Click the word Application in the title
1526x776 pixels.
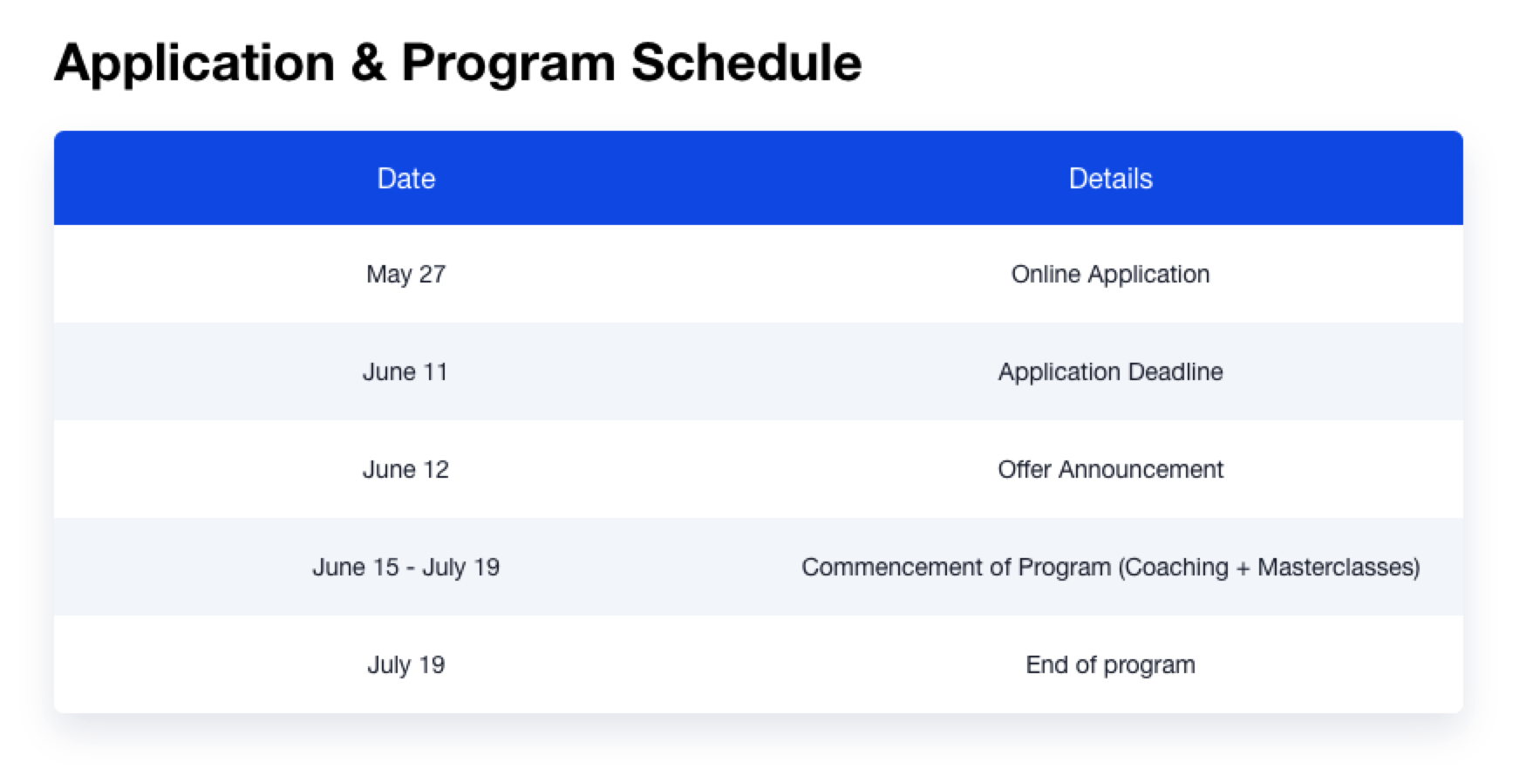coord(194,64)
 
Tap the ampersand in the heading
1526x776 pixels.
coord(368,63)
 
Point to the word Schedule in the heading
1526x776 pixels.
coord(746,63)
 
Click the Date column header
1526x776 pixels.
coord(406,179)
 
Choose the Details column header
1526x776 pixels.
coord(1111,179)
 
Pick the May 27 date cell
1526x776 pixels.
coord(406,275)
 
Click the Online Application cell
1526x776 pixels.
coord(1110,275)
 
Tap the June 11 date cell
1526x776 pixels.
coord(405,372)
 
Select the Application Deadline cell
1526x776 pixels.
coord(1111,372)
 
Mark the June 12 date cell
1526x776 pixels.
coord(405,470)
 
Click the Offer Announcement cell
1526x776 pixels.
coord(1111,470)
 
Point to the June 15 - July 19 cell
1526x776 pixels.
coord(406,568)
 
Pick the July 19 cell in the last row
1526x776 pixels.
coord(406,665)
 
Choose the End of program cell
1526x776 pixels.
coord(1111,665)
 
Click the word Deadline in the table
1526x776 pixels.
coord(1175,372)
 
